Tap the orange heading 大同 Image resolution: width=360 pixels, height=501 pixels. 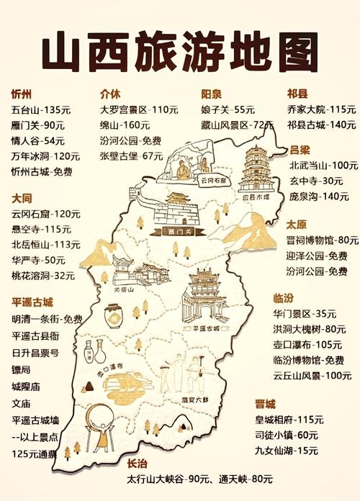click(22, 197)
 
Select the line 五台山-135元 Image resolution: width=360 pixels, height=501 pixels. click(40, 110)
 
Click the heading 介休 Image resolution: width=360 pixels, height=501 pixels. click(110, 93)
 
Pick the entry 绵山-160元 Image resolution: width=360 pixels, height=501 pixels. click(125, 125)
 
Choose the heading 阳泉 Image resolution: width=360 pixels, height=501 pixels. click(211, 94)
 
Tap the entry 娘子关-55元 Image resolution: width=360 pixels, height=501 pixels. click(228, 110)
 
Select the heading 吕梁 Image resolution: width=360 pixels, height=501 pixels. click(300, 150)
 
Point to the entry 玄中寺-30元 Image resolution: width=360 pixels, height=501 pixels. click(315, 181)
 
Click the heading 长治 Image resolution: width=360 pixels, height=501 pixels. click(138, 464)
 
